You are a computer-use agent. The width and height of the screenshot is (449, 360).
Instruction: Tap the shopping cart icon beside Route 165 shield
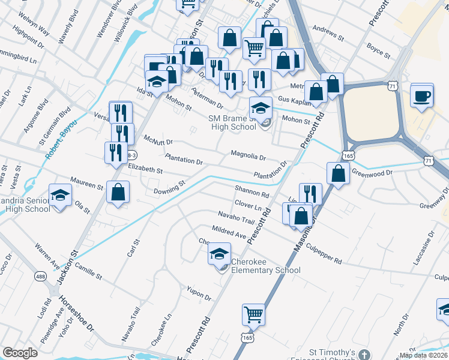(x=253, y=314)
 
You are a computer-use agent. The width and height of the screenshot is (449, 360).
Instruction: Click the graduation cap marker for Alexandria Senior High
(x=59, y=196)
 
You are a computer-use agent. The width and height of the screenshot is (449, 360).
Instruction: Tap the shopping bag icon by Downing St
(x=118, y=193)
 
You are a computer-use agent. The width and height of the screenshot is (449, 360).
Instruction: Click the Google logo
(x=20, y=353)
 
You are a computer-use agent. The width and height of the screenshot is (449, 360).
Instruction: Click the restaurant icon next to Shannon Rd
(x=310, y=193)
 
